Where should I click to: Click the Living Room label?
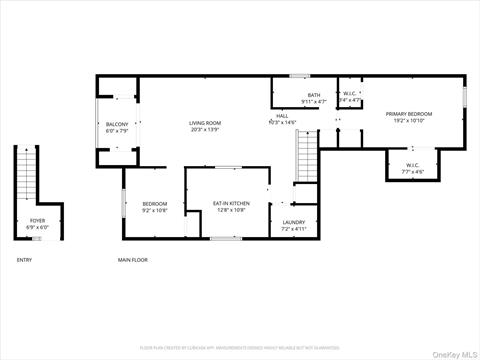204,123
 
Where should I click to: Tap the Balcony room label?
116,124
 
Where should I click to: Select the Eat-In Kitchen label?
231,203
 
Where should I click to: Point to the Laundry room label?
293,222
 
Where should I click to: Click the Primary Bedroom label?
410,114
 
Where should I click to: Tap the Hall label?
282,115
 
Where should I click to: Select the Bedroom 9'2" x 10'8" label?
154,203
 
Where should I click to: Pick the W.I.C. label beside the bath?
350,95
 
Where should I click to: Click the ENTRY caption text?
24,260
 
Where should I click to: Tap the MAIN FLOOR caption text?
133,260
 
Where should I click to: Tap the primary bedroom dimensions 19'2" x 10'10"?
410,121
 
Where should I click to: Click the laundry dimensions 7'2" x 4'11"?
293,229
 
